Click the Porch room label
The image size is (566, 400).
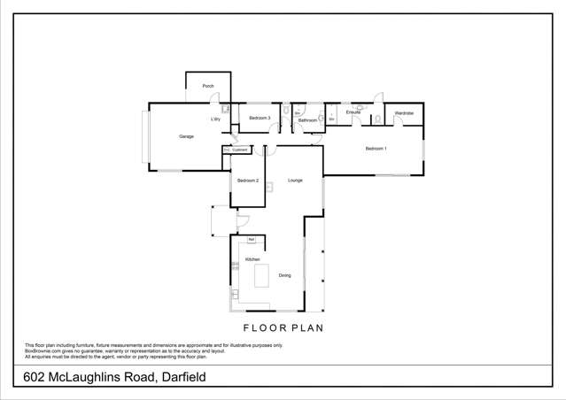click(x=208, y=86)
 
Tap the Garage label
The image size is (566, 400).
click(x=186, y=136)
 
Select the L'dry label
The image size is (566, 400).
click(x=215, y=119)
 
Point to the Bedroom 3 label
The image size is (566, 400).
click(x=259, y=118)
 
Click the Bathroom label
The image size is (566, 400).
click(x=307, y=120)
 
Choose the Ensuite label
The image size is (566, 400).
click(x=353, y=112)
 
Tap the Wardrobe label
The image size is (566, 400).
click(x=404, y=113)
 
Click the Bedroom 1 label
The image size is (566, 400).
click(x=376, y=148)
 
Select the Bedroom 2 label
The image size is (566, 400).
click(x=247, y=181)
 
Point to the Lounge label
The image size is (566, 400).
click(x=295, y=181)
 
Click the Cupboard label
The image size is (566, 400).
click(x=241, y=150)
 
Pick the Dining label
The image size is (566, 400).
click(x=284, y=276)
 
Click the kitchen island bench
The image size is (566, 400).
click(x=261, y=275)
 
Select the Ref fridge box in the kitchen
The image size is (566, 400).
click(x=252, y=240)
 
